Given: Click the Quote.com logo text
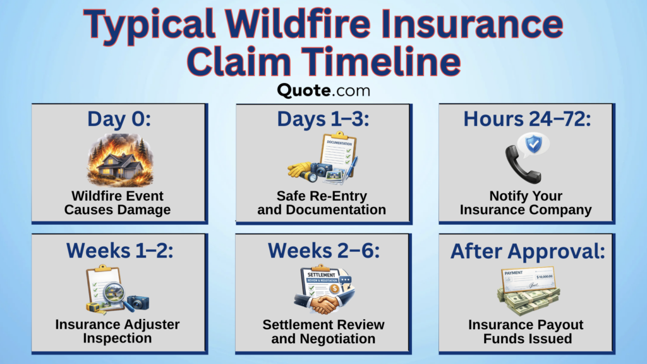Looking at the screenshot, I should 323,91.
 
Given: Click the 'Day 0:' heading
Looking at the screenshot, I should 119,119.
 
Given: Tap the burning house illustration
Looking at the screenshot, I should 119,161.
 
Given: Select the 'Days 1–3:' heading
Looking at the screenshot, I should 323,119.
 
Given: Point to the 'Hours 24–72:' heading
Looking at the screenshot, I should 526,119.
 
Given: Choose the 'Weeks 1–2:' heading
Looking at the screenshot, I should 119,250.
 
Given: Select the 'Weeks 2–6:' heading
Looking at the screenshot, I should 323,250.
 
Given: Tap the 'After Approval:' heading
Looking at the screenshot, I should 526,251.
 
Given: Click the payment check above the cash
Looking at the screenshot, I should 528,279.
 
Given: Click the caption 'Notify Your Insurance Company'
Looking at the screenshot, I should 526,203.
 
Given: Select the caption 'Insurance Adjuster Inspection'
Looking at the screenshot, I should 118,331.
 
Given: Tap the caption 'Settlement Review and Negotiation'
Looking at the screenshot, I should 323,331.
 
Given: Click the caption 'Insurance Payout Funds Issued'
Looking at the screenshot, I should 526,331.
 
